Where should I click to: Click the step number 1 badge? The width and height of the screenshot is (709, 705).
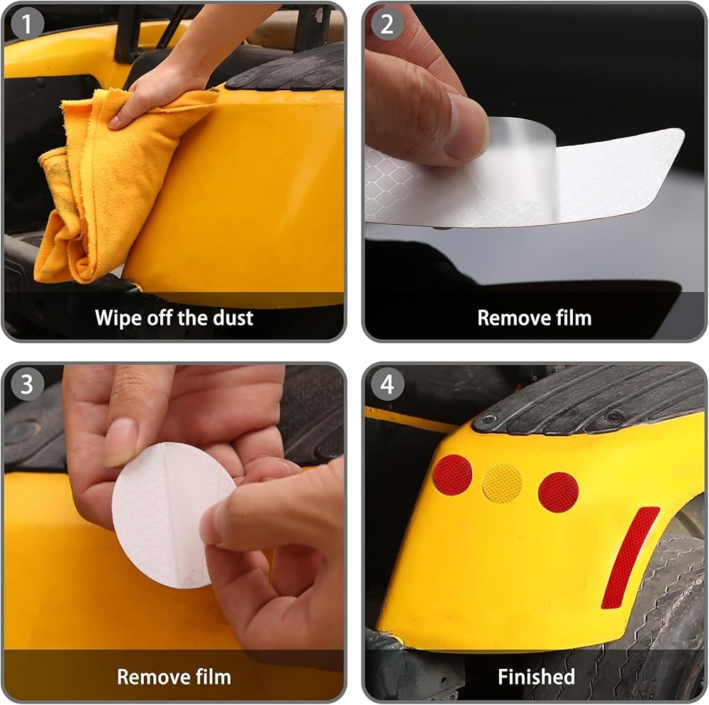pyautogui.click(x=27, y=24)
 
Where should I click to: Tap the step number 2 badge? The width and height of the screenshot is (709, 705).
pyautogui.click(x=387, y=24)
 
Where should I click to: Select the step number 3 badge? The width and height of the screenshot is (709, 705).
pyautogui.click(x=27, y=384)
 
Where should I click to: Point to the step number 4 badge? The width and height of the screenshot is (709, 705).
pyautogui.click(x=387, y=384)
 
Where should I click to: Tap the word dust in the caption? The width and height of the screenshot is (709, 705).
pyautogui.click(x=233, y=318)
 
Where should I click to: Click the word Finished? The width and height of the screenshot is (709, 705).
pyautogui.click(x=536, y=677)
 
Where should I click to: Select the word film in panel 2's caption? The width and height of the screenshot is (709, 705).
pyautogui.click(x=574, y=318)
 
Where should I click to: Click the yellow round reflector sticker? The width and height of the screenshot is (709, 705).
pyautogui.click(x=503, y=484)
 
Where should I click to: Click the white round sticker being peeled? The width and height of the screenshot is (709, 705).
pyautogui.click(x=172, y=516)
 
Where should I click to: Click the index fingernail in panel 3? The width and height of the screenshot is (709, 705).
pyautogui.click(x=119, y=443)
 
